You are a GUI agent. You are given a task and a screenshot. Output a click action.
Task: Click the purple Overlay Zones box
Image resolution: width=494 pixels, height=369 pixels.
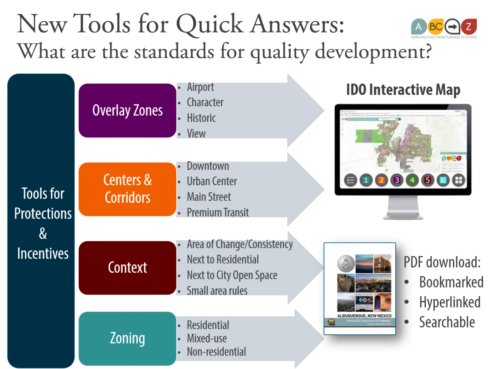pos(127,110)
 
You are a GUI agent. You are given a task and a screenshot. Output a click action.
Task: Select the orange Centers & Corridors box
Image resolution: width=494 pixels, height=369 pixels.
pos(127,189)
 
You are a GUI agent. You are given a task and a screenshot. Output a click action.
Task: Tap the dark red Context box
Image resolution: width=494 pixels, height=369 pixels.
pos(127,267)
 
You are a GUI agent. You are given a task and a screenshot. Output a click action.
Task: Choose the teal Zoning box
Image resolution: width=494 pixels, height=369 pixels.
pos(127,338)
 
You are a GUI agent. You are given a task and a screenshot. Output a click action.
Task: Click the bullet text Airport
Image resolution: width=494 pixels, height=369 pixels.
pos(200,87)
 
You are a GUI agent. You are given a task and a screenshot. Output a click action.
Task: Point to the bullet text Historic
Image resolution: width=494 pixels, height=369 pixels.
pos(201,118)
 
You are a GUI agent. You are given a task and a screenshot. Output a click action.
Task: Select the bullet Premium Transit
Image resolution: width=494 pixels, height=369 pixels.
pos(218,212)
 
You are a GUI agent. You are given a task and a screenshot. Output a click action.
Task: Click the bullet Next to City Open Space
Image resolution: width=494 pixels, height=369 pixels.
pos(232,275)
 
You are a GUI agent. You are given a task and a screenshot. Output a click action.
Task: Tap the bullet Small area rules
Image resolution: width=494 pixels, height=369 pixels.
pos(217,291)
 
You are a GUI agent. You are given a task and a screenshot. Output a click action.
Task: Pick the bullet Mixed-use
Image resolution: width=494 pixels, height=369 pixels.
pos(207,339)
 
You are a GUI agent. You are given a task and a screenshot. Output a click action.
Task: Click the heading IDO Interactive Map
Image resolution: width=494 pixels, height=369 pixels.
pos(403,90)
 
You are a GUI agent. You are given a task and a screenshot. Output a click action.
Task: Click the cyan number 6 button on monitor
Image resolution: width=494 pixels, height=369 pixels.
pos(443,180)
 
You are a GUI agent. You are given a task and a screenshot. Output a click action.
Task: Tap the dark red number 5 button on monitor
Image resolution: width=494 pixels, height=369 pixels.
pos(428,180)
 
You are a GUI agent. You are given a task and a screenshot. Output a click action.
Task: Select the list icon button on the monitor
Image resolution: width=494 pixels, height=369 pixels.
pos(350,180)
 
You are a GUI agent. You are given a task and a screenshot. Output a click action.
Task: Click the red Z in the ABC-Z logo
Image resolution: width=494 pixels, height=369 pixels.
pos(468,27)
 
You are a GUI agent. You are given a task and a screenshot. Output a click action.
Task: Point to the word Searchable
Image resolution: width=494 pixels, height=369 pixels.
pos(447,322)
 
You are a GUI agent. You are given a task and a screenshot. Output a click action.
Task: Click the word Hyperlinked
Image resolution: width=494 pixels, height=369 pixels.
pos(450,302)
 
